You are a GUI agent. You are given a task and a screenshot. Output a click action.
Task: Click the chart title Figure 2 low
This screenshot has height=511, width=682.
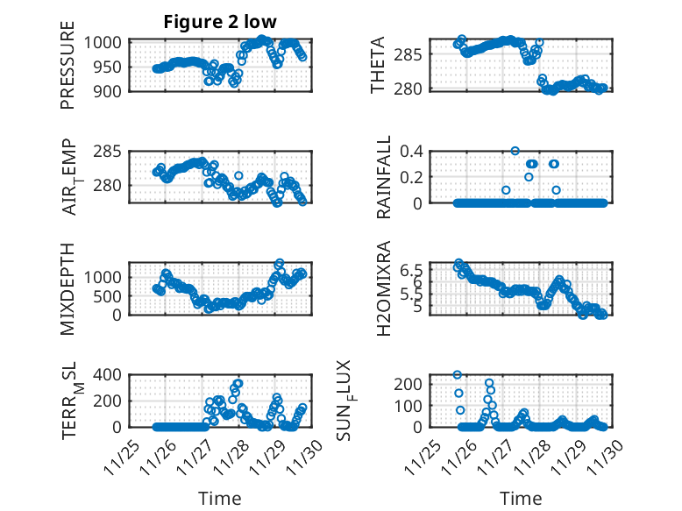click(x=220, y=23)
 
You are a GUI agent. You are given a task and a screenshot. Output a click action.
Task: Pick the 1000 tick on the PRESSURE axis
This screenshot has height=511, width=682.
click(x=108, y=42)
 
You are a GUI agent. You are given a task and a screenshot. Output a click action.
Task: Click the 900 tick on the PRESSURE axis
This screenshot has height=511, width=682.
click(x=111, y=90)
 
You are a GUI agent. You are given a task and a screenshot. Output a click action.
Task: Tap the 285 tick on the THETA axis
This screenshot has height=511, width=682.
click(x=413, y=55)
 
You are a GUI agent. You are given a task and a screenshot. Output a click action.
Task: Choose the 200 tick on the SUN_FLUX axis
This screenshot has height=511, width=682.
click(x=413, y=384)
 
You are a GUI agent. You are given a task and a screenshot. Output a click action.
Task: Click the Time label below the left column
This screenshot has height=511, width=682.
click(x=220, y=498)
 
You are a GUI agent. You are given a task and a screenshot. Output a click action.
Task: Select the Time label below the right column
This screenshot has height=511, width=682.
click(x=521, y=498)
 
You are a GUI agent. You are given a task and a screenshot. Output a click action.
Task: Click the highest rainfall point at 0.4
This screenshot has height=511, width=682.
click(x=515, y=151)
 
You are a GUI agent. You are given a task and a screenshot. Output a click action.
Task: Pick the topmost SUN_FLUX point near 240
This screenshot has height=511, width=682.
click(x=458, y=375)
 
